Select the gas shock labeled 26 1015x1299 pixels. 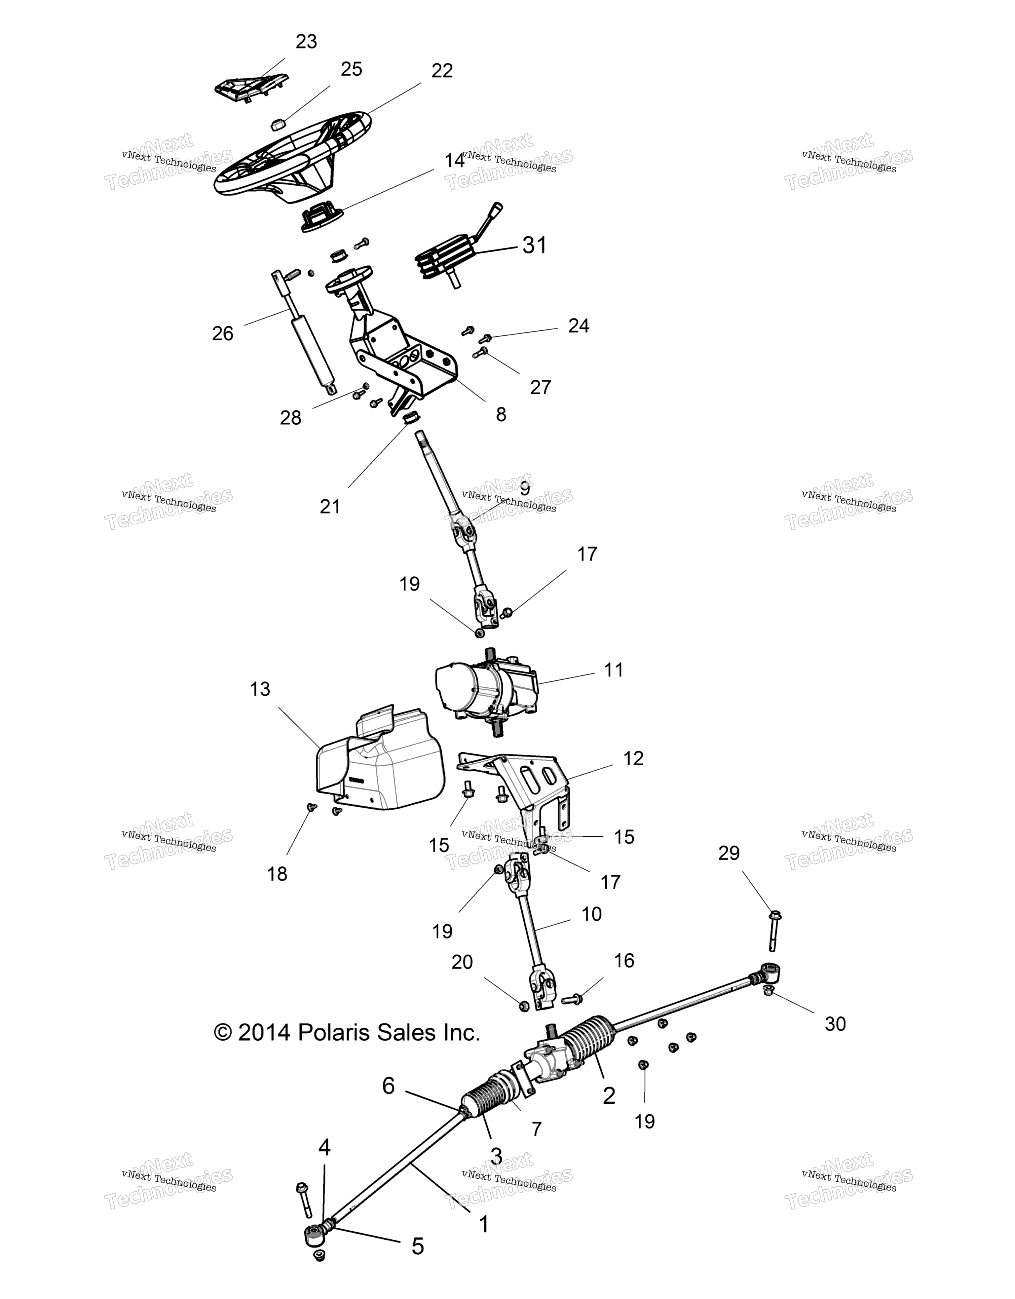[x=304, y=332]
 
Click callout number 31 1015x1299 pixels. [x=534, y=245]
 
